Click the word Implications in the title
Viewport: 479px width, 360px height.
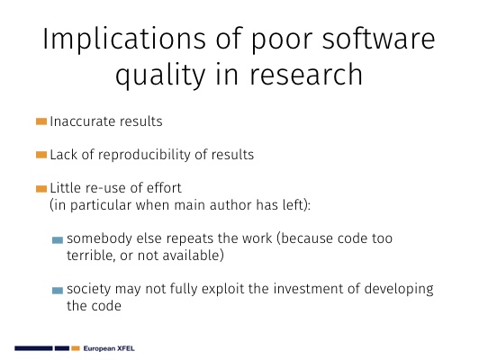(124, 39)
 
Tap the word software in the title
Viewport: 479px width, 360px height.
(378, 39)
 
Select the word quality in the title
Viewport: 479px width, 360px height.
(160, 75)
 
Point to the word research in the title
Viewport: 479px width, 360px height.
(306, 74)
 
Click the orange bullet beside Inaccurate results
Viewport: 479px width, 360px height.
(41, 121)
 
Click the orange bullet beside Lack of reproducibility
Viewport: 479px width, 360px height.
(41, 155)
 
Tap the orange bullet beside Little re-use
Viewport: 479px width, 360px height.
(41, 189)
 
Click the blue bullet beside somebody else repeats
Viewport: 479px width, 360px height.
(58, 240)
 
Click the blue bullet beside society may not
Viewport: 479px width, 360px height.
(58, 290)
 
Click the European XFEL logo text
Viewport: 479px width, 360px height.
(109, 348)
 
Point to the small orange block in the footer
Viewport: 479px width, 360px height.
(76, 348)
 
